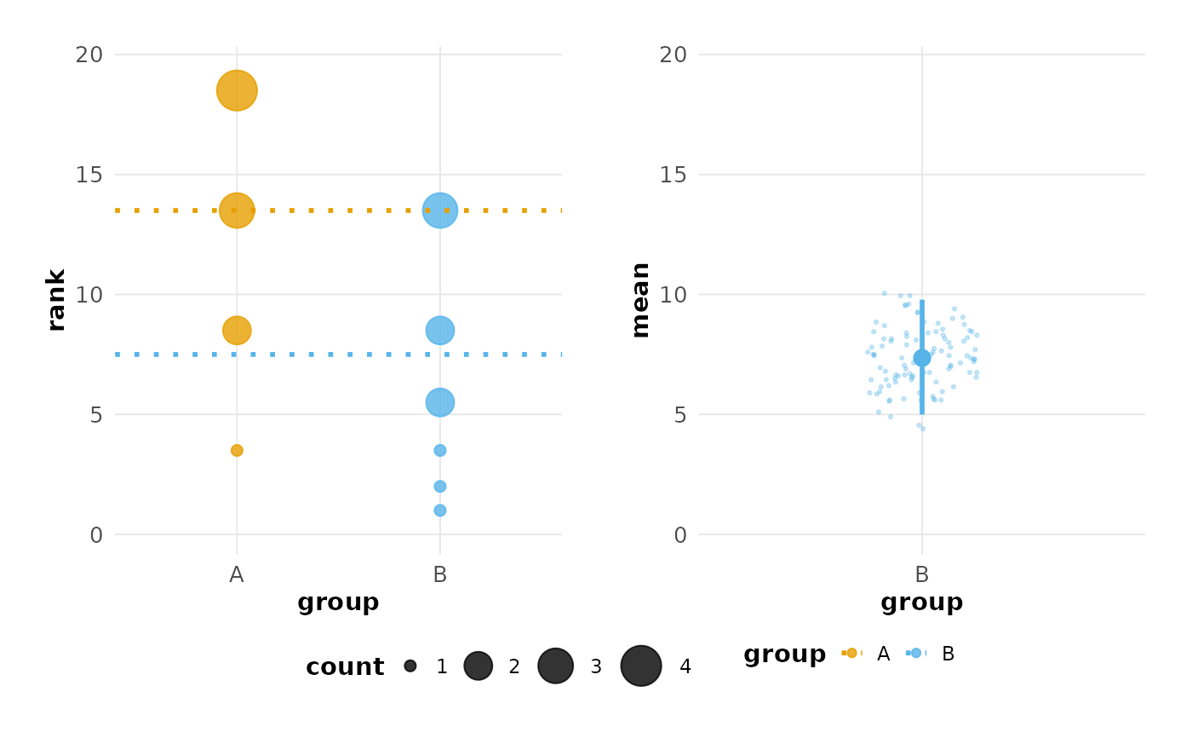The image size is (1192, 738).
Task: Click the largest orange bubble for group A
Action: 237,90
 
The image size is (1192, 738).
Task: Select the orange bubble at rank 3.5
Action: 237,450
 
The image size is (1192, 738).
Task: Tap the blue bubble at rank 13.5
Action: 439,210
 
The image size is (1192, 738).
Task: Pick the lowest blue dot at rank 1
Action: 439,510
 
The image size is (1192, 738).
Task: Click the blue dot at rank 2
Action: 439,487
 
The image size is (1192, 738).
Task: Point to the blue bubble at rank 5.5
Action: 439,402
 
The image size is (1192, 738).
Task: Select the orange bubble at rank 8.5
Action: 237,330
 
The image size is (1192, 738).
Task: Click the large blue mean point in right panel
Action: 921,358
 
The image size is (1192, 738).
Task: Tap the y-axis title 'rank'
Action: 56,300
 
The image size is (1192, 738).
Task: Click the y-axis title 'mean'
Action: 640,300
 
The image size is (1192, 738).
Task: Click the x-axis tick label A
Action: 237,575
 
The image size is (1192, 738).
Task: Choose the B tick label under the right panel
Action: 921,575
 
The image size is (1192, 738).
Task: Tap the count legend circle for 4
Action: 641,666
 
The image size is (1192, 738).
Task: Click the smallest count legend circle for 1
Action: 410,666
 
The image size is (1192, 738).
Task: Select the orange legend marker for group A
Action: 851,653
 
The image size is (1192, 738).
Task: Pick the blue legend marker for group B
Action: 916,653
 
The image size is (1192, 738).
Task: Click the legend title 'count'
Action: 345,667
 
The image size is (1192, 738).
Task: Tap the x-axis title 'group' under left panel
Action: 338,603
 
